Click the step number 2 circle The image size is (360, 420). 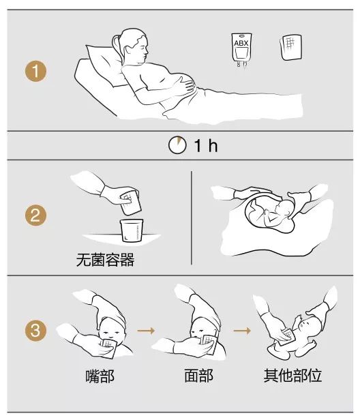[35, 216]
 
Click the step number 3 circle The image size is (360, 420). [35, 331]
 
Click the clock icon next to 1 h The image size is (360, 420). [176, 145]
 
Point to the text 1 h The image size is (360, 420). [203, 146]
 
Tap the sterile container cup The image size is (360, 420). [131, 230]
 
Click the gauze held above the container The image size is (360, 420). [127, 201]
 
